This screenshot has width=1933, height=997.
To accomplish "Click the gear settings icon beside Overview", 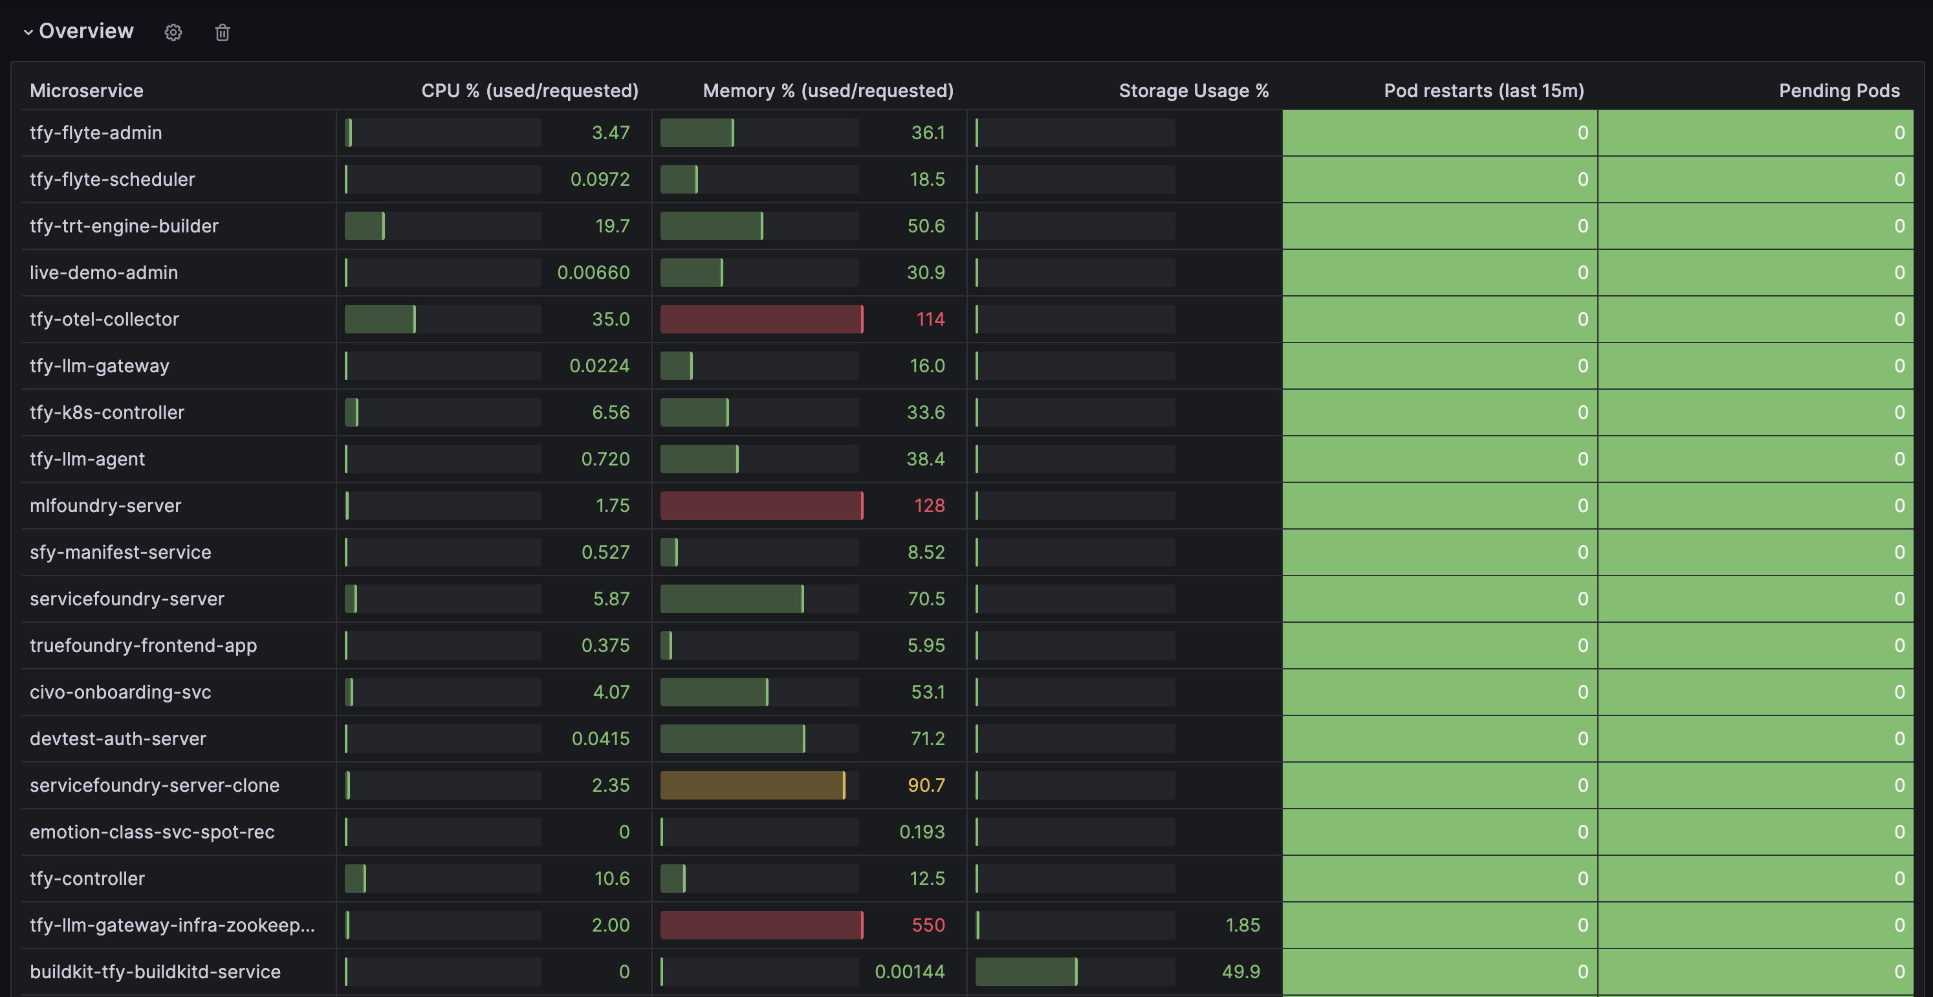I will (173, 32).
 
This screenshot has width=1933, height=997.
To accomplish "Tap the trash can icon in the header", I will (222, 32).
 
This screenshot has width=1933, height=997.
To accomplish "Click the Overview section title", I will (85, 31).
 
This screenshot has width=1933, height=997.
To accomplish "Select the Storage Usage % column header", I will (1193, 91).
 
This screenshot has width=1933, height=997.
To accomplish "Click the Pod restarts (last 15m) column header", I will (1483, 91).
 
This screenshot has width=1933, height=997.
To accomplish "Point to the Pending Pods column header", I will (1839, 91).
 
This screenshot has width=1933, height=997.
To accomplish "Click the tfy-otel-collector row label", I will (104, 319).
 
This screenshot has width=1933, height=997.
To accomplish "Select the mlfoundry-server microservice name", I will (105, 505).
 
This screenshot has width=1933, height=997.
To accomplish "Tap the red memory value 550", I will (928, 925).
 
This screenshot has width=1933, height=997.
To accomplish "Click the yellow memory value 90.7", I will (926, 785).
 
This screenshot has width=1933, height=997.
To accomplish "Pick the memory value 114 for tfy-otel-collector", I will (930, 319).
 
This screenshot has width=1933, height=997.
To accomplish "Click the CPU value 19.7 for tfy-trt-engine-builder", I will (611, 226).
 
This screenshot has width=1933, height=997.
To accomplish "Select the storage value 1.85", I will (1242, 925).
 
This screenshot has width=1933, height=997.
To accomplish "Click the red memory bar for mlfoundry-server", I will (761, 505).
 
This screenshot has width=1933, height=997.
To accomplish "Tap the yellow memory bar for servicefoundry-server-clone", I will (752, 785).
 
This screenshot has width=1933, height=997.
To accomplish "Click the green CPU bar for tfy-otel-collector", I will (380, 319).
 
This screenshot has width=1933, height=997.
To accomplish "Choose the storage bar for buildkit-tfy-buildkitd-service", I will (1026, 972).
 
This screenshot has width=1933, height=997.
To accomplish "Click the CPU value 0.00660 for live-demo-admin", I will (593, 273).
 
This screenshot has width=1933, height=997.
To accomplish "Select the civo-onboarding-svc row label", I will (120, 692).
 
